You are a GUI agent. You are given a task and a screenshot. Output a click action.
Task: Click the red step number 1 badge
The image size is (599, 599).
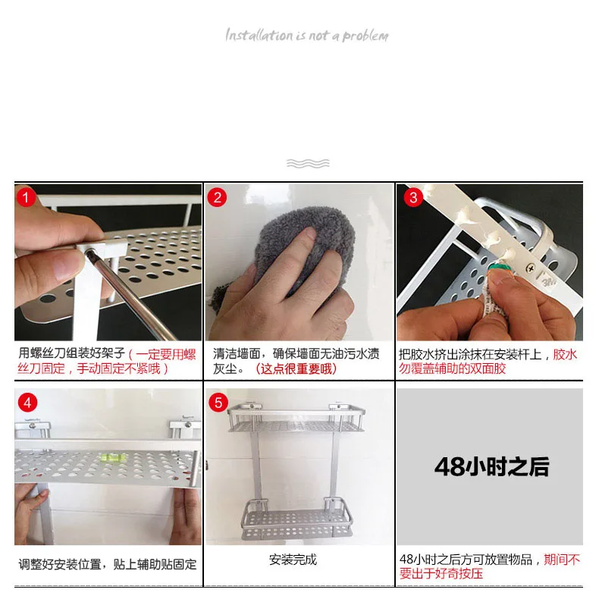(x=26, y=197)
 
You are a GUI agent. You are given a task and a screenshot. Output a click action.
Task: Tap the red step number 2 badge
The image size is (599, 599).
(x=217, y=197)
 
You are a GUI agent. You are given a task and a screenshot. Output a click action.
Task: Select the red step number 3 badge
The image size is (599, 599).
(x=413, y=197)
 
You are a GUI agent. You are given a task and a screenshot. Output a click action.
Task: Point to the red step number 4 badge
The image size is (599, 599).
(x=27, y=403)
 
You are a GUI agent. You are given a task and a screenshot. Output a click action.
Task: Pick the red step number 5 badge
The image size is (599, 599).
(x=218, y=403)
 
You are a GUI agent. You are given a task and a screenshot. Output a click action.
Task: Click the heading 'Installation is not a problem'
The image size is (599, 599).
(x=307, y=35)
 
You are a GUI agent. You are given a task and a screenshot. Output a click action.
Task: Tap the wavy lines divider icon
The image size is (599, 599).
(x=308, y=164)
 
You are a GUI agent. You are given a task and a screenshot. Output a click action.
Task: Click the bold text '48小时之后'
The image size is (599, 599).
(x=491, y=466)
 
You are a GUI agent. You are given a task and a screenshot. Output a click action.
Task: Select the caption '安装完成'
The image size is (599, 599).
(x=293, y=560)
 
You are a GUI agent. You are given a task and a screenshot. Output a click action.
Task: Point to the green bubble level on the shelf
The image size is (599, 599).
(x=109, y=456)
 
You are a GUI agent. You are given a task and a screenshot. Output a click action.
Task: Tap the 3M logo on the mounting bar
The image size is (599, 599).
(x=550, y=281)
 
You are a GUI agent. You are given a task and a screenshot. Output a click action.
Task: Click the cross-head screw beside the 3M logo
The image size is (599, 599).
(x=530, y=268)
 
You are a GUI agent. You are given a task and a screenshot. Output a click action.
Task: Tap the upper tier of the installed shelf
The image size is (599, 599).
(x=296, y=419)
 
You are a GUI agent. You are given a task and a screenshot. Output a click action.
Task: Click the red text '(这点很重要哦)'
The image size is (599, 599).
(x=296, y=369)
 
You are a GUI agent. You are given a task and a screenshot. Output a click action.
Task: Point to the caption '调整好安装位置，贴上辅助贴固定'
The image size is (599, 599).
(x=108, y=564)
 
